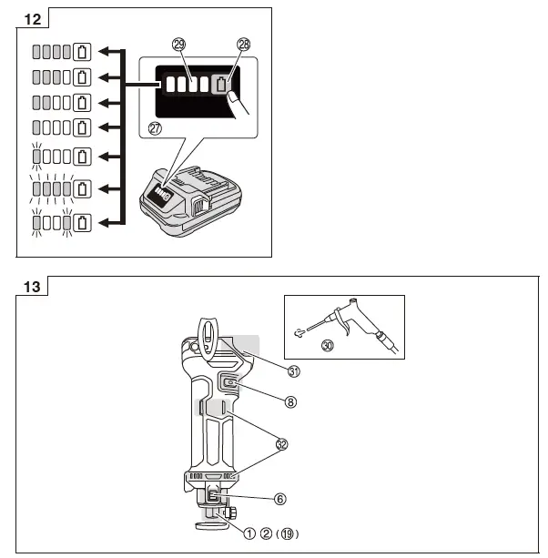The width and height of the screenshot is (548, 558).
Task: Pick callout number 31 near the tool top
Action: point(294,370)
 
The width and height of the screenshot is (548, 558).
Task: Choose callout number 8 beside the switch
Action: point(290,400)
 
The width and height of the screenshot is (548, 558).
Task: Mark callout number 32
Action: point(281,443)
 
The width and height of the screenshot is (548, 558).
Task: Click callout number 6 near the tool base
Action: point(280,499)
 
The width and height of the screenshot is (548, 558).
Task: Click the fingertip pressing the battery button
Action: point(235,96)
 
